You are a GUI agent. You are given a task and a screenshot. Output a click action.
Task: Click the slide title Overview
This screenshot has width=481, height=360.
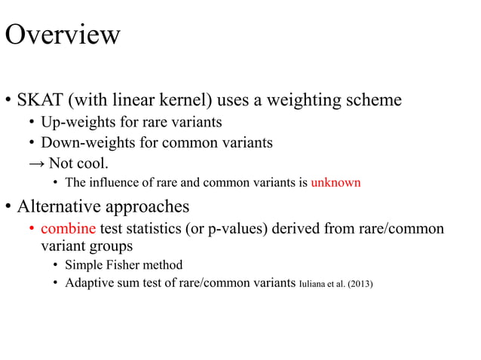pos(63,35)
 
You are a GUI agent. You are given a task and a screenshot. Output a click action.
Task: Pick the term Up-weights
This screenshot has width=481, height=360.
pos(77,122)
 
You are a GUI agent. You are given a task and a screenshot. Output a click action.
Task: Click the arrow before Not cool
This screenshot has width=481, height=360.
pos(36,163)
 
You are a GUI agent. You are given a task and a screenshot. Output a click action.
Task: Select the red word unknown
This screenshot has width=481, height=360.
pos(335,182)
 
